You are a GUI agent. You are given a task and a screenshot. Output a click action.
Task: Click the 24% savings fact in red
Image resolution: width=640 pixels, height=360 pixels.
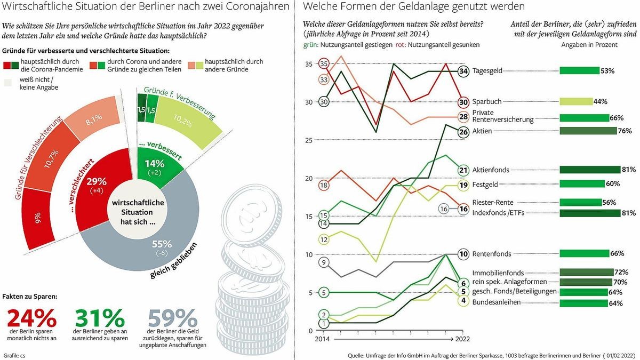click(31, 318)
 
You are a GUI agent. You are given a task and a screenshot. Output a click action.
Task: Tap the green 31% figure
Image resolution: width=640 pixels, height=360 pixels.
click(99, 318)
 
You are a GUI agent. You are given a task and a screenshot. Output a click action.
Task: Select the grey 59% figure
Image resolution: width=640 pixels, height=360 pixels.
click(172, 318)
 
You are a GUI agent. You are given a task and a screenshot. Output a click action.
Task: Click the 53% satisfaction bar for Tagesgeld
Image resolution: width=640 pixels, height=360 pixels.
click(579, 70)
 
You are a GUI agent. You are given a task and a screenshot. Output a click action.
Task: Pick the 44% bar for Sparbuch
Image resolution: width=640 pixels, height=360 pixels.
click(576, 101)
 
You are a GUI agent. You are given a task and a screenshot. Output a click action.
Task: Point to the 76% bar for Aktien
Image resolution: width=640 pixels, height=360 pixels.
click(583, 131)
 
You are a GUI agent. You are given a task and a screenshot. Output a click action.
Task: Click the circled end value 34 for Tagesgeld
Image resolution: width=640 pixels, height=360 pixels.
click(463, 71)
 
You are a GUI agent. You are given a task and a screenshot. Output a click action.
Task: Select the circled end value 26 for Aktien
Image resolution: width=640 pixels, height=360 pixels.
click(463, 132)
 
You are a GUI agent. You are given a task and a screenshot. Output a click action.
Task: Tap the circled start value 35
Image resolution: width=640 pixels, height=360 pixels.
click(324, 64)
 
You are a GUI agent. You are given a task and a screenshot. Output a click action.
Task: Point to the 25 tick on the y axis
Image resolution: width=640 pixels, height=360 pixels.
click(310, 140)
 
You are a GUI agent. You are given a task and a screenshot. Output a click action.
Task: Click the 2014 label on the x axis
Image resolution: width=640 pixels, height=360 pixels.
click(323, 339)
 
